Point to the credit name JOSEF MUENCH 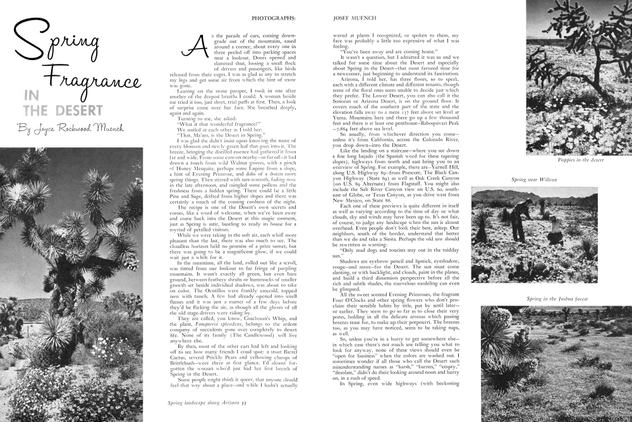tap(351, 18)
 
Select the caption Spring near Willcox tap(533, 180)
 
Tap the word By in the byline tap(25, 131)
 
